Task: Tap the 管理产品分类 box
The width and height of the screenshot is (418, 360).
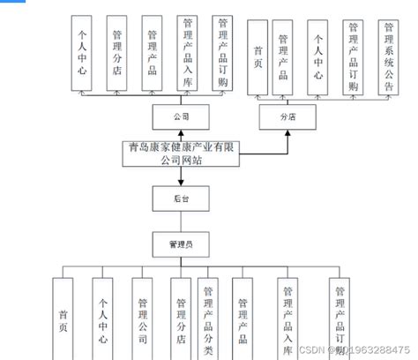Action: click(209, 316)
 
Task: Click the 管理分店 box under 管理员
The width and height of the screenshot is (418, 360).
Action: click(179, 316)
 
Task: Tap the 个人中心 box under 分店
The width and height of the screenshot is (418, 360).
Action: click(318, 55)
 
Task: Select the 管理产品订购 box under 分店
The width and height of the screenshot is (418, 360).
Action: click(353, 55)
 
